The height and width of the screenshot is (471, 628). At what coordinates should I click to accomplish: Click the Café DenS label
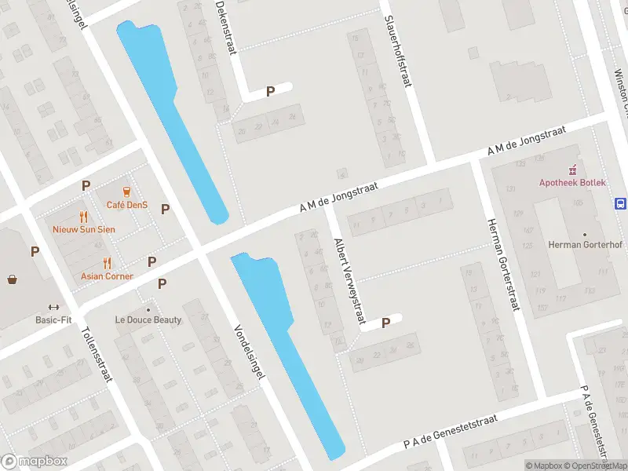click(126, 205)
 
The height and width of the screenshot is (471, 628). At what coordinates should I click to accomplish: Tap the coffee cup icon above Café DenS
click(126, 192)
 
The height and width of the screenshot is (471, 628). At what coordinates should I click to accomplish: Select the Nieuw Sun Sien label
click(83, 229)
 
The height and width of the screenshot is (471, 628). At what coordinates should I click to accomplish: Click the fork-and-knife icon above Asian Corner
click(107, 263)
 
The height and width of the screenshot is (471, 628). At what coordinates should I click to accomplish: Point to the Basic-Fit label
click(53, 319)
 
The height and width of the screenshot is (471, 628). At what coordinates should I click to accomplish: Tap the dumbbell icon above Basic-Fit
click(53, 307)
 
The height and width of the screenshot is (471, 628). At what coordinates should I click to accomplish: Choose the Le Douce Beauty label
click(148, 319)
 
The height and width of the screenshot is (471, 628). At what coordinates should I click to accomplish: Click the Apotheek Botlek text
click(572, 182)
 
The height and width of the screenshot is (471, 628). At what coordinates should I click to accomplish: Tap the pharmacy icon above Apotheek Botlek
click(572, 169)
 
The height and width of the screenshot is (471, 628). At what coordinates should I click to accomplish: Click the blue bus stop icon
click(620, 203)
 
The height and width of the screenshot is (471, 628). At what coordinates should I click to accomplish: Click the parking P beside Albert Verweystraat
click(385, 323)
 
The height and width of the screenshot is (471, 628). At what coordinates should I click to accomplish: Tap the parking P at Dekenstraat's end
click(270, 91)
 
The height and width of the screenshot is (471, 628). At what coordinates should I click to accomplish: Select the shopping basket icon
click(13, 279)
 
